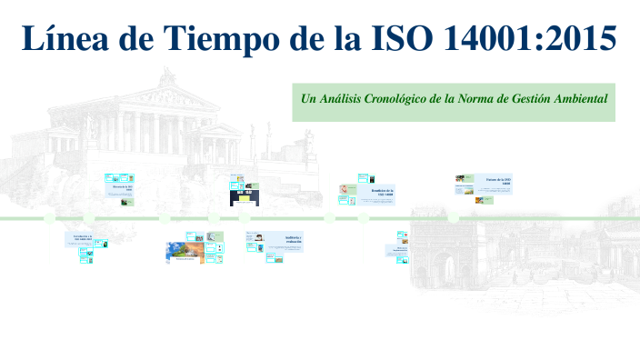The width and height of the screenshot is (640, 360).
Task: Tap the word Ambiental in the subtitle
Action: pos(579,97)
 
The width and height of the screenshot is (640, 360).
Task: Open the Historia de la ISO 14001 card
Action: pos(122,188)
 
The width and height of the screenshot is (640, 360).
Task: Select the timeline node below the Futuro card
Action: pos(453,218)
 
